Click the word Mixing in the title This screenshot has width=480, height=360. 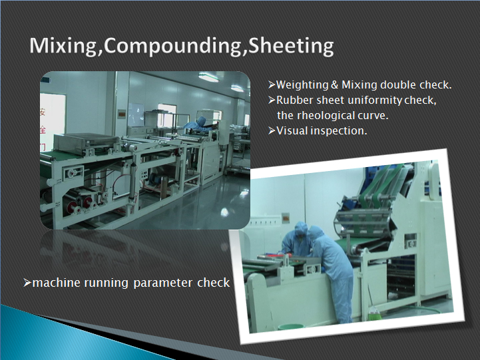point(63,46)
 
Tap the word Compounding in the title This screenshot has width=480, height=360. point(172,47)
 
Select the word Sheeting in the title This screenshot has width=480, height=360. point(291,46)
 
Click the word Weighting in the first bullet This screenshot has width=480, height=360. point(302,85)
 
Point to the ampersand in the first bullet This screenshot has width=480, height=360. point(334,85)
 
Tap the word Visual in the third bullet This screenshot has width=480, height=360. point(292,131)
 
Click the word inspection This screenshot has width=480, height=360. point(339,131)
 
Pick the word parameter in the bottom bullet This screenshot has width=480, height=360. point(163,283)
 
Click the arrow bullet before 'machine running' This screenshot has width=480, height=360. point(27,283)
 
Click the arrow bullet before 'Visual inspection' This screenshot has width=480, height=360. point(272,131)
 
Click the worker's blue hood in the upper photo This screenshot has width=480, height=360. point(201,121)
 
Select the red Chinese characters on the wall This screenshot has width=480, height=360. point(43,129)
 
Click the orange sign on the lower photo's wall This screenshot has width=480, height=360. point(286,217)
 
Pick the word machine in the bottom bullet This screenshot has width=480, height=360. point(57,283)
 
